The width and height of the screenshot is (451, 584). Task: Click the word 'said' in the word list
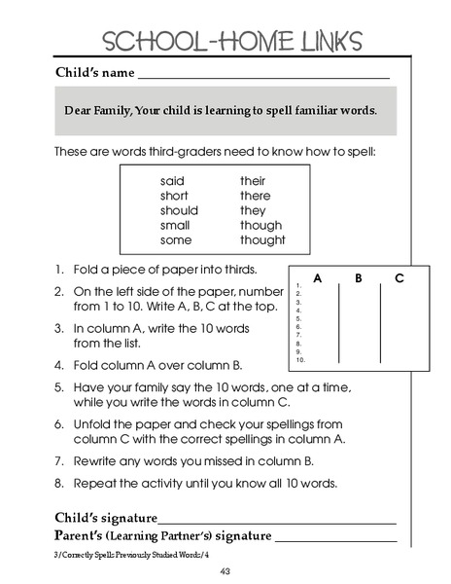[172, 181]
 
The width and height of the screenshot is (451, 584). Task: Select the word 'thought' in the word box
[262, 240]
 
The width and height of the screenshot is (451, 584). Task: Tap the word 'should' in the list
[179, 210]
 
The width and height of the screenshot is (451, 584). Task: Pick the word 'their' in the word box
[253, 181]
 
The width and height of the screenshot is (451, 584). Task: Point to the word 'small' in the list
[175, 226]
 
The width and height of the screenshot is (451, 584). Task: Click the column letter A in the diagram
[318, 278]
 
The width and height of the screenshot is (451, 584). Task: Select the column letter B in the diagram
[359, 278]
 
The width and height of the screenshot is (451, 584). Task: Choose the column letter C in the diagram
[399, 278]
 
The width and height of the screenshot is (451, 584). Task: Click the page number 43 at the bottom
[225, 570]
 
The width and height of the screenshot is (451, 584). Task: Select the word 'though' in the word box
[260, 226]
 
